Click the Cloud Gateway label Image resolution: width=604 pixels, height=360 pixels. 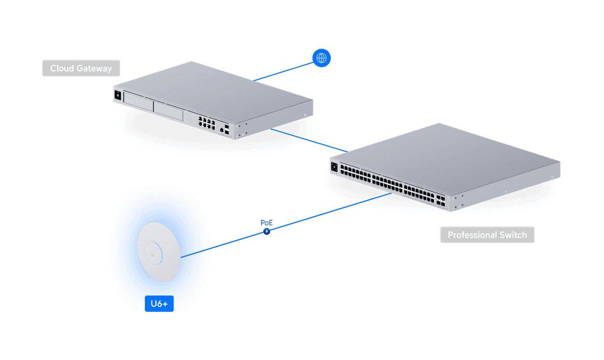(81, 68)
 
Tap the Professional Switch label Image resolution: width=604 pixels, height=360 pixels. (487, 234)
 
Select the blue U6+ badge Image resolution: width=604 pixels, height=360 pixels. (159, 304)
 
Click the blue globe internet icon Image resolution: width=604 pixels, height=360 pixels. (321, 58)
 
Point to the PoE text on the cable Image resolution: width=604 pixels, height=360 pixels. (267, 222)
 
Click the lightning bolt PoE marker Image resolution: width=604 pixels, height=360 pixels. (267, 231)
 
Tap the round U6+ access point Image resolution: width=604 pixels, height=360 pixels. (159, 252)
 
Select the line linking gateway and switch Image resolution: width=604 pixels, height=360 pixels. (309, 140)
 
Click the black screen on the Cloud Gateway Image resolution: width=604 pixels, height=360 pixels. (118, 95)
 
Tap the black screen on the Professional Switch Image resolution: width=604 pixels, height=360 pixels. (334, 167)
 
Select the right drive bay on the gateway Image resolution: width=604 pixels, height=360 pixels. (168, 111)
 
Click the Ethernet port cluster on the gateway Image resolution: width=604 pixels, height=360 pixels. (206, 123)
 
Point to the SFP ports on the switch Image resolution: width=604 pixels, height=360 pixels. (441, 200)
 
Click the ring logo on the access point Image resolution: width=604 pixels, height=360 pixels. (154, 253)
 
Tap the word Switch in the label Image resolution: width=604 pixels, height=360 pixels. (513, 235)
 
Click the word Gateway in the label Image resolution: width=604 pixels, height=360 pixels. (94, 69)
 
